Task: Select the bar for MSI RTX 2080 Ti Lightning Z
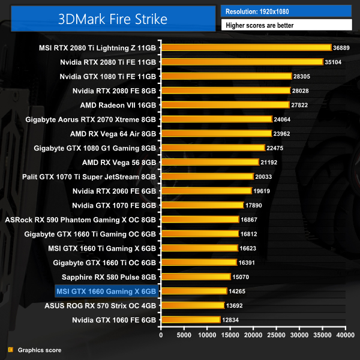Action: tap(246, 47)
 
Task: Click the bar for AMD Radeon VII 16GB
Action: tap(225, 104)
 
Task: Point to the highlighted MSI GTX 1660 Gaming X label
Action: tap(106, 292)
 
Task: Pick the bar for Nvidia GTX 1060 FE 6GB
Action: tap(190, 320)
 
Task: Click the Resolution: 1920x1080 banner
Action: tap(286, 11)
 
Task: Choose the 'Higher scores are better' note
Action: tap(286, 25)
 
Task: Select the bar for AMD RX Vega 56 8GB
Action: tap(210, 162)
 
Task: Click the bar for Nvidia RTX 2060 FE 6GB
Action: tap(206, 191)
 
